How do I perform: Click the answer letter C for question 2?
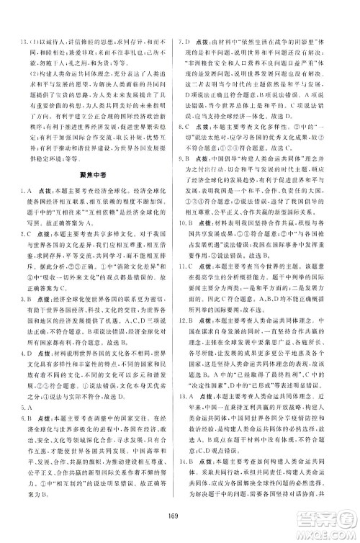click(x=30, y=234)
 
